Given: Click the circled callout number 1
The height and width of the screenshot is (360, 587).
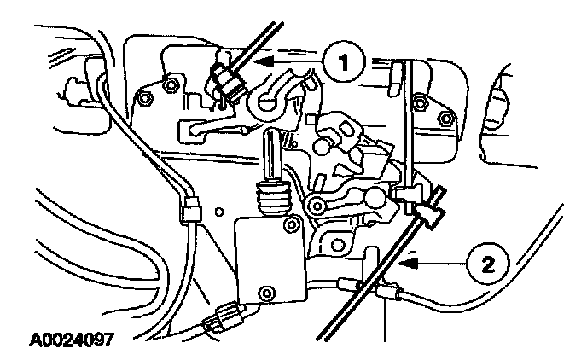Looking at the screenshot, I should [x=344, y=61].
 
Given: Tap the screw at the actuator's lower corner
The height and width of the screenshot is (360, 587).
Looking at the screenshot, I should [x=270, y=293].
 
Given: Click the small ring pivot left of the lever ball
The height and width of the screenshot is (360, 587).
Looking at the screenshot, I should [x=317, y=206].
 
